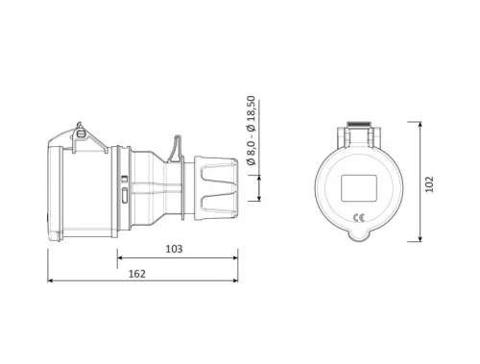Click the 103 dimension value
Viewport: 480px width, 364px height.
[x=174, y=248]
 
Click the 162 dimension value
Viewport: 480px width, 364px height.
[x=136, y=274]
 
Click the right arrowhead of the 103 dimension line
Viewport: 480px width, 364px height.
[x=237, y=257]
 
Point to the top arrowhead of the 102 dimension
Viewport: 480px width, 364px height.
[x=421, y=125]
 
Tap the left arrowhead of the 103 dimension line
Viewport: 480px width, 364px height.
[x=120, y=257]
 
